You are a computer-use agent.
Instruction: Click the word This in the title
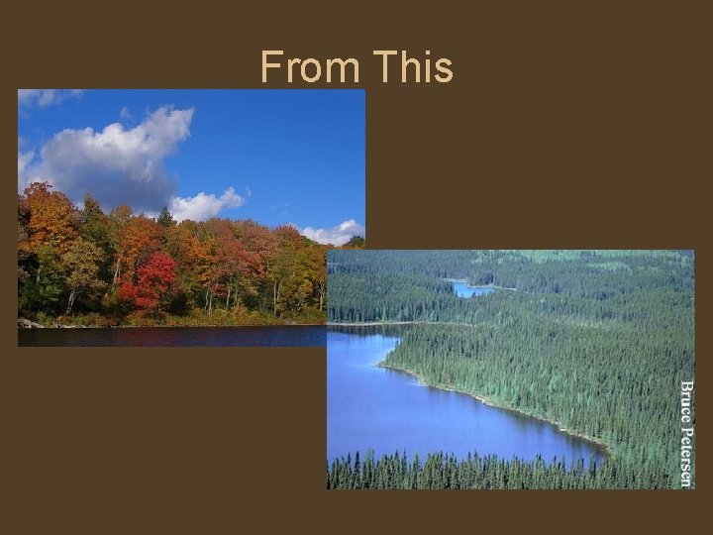tap(413, 68)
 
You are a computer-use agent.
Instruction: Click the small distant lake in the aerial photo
tap(469, 288)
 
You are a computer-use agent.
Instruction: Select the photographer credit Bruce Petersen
tap(685, 432)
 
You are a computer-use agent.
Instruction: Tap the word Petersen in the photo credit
tap(685, 452)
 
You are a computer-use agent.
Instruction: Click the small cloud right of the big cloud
tap(206, 204)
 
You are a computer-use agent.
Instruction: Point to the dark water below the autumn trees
tap(168, 336)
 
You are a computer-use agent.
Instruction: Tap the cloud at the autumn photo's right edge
tap(337, 232)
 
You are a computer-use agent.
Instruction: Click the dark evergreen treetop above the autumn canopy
tap(164, 217)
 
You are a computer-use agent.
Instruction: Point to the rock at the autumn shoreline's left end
tap(28, 323)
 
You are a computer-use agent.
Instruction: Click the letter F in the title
tap(270, 68)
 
